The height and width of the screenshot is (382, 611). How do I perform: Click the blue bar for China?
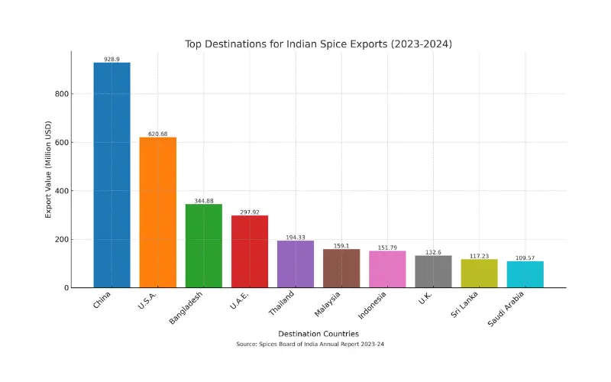coord(112,175)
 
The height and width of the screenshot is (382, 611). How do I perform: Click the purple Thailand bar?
coord(296,264)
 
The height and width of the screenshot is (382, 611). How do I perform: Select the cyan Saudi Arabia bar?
coord(525,274)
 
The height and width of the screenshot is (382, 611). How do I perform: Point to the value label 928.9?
coord(112,59)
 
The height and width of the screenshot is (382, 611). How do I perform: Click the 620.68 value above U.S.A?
coord(157,134)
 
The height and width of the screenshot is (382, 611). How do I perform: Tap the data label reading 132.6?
coord(433,252)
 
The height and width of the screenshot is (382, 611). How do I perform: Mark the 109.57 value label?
coord(525,257)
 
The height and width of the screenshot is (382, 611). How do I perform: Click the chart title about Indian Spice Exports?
coord(318,44)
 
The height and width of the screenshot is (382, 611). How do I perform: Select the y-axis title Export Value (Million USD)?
coord(48,170)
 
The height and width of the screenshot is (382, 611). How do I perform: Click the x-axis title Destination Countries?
coord(318,334)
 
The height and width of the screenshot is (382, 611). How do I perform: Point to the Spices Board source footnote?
coord(318,345)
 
